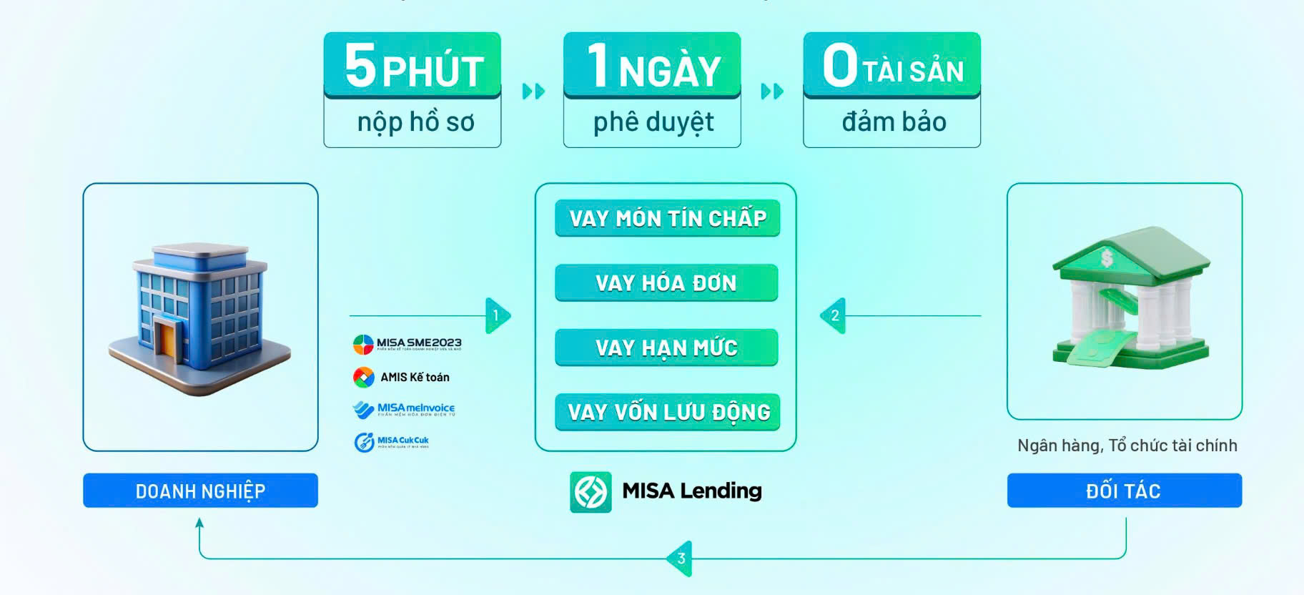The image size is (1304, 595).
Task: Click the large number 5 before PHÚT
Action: click(360, 65)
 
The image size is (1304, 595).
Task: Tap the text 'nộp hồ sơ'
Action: click(415, 122)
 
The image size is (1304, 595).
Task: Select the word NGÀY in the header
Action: click(669, 72)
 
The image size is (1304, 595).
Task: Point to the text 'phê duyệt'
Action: click(653, 122)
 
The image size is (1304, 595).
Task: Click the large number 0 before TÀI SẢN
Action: click(839, 65)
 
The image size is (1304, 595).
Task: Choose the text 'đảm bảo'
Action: click(894, 122)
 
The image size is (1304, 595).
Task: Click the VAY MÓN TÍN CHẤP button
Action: click(667, 218)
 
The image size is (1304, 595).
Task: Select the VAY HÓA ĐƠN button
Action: click(666, 283)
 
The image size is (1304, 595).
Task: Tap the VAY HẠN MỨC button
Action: click(666, 348)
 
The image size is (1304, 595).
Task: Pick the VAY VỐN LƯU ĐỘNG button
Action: click(668, 412)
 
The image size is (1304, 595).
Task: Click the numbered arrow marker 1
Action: click(497, 315)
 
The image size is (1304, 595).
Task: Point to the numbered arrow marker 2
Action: click(834, 315)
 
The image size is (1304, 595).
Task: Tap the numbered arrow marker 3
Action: click(680, 559)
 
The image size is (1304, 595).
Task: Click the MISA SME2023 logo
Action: click(407, 344)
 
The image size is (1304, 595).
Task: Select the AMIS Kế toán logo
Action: click(402, 377)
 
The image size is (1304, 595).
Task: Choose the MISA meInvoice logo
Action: click(404, 409)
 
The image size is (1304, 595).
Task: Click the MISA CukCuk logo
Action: click(392, 442)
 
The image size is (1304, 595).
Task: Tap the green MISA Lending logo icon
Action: click(591, 492)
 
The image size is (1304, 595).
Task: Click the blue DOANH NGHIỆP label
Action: click(200, 491)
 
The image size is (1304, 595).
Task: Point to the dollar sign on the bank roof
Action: click(1107, 257)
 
